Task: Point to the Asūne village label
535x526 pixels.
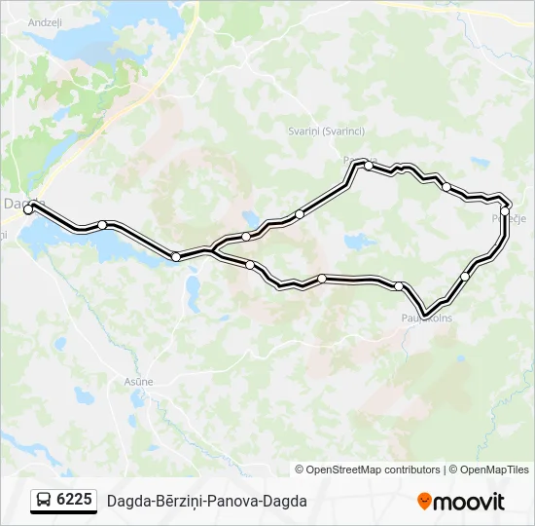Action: [138, 382]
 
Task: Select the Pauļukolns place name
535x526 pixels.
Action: [426, 318]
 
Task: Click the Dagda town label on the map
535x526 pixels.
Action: [21, 203]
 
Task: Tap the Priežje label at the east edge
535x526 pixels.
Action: [510, 218]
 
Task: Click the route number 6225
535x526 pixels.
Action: [74, 500]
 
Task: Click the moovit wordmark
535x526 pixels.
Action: [469, 502]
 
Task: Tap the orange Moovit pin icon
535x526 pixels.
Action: [424, 502]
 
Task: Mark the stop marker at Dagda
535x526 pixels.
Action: [28, 209]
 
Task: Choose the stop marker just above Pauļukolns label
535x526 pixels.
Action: [399, 285]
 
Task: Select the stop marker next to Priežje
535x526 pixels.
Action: [505, 210]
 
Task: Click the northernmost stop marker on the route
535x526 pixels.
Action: [369, 166]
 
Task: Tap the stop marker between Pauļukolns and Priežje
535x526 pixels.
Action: [465, 277]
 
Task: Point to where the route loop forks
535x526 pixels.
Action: [211, 251]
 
